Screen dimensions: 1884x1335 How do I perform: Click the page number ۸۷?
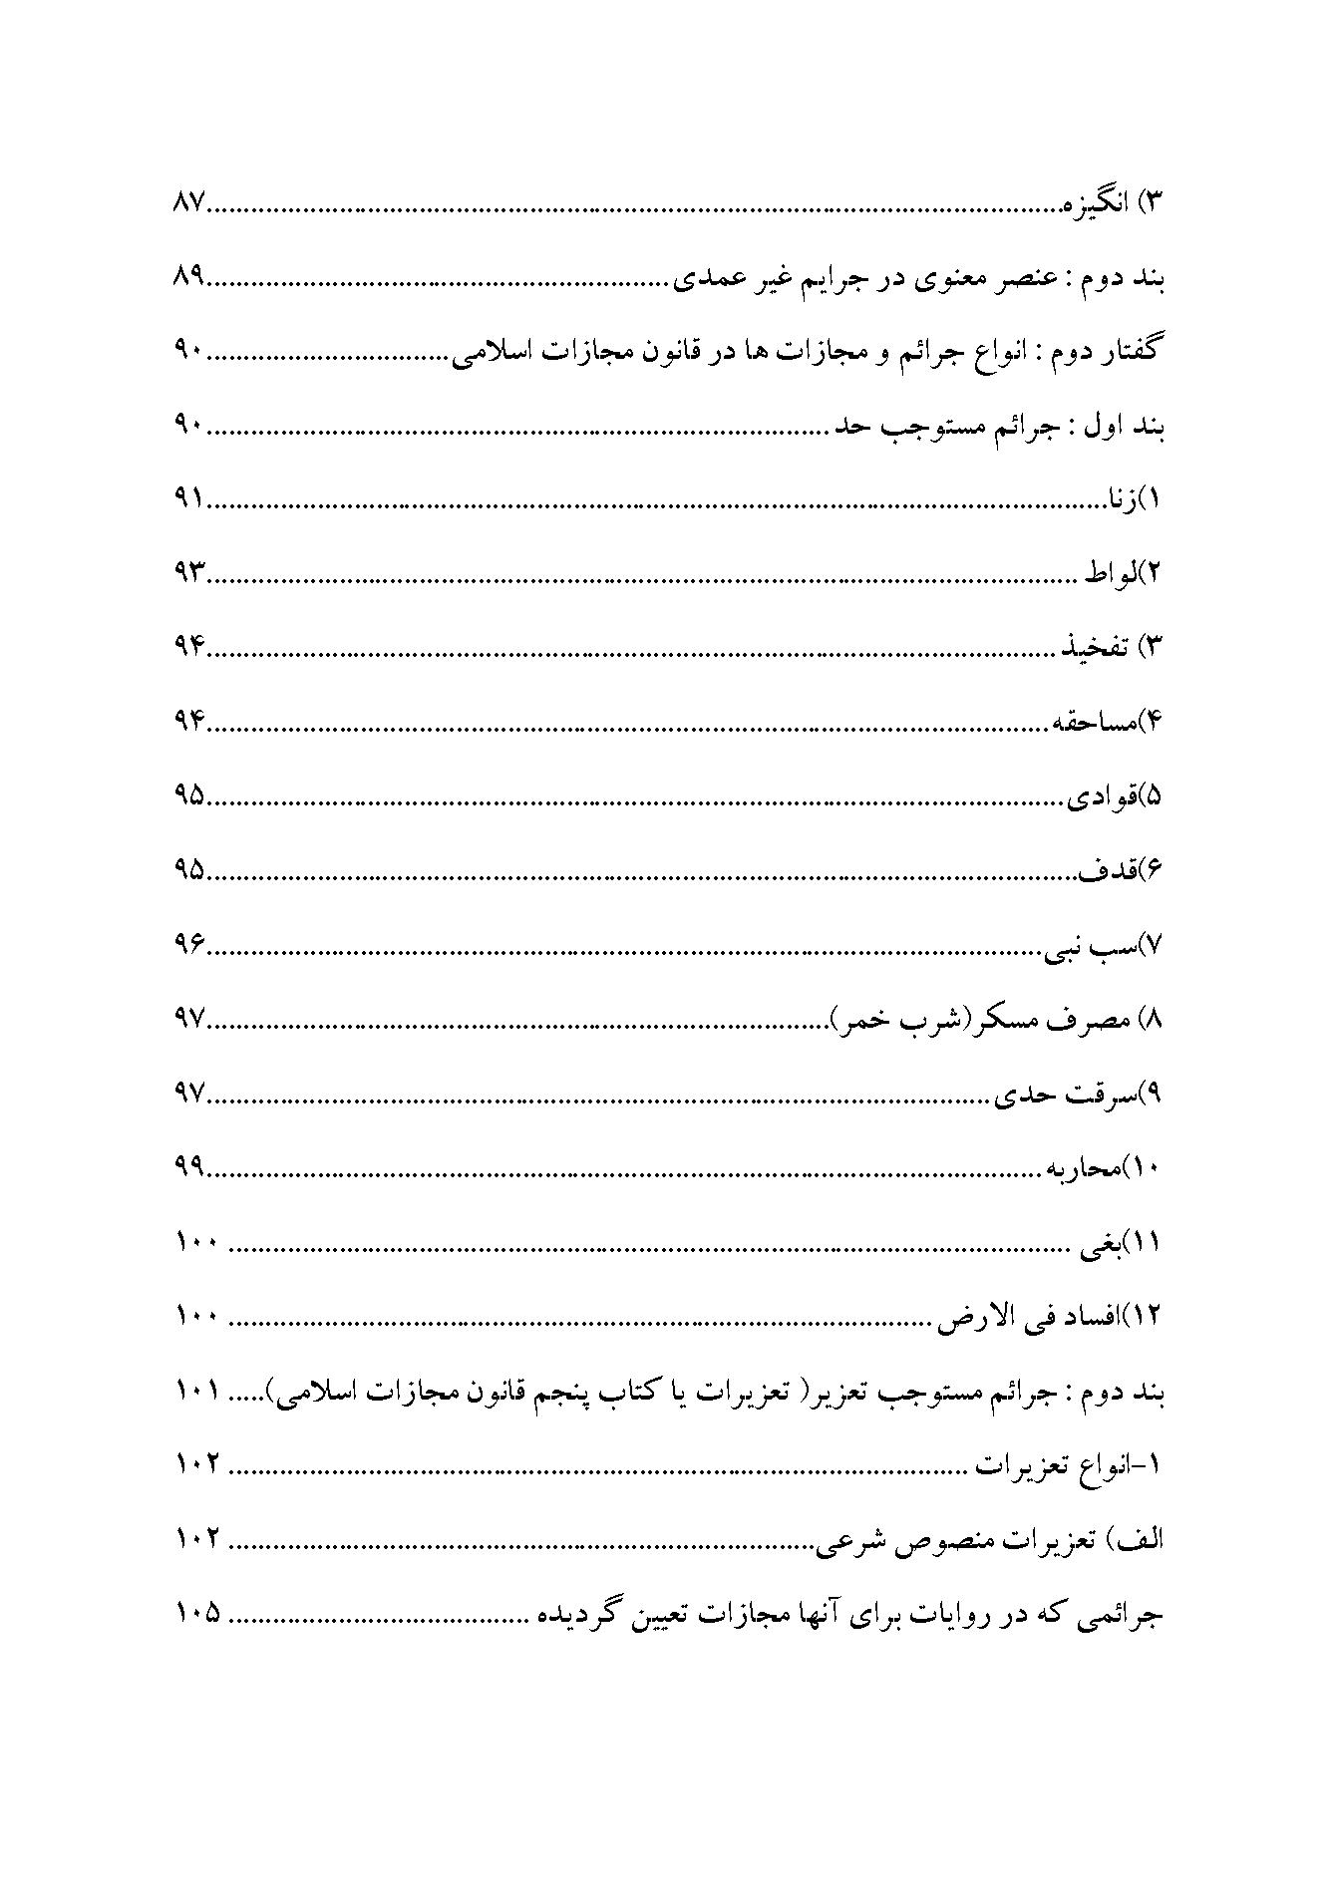coord(188,202)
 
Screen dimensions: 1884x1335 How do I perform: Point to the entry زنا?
coord(1116,498)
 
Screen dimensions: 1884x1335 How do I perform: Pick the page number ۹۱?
coord(188,497)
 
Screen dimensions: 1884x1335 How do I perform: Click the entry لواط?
coord(1107,573)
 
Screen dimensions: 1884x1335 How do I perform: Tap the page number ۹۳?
coord(188,572)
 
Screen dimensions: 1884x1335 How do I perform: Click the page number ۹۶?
coord(188,943)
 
